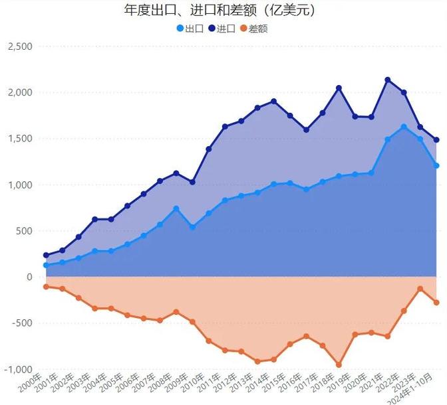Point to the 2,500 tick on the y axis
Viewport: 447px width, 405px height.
[19, 46]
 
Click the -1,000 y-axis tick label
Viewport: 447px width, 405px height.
[19, 369]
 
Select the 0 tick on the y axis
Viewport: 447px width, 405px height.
[28, 277]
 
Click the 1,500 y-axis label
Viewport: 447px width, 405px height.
[19, 139]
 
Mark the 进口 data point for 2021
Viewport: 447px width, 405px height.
[388, 80]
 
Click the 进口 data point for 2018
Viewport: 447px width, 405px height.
[339, 88]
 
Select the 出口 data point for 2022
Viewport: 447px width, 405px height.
[404, 127]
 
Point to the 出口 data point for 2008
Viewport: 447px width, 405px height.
[176, 208]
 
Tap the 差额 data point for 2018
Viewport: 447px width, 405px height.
[339, 364]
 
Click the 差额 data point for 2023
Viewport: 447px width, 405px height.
[420, 289]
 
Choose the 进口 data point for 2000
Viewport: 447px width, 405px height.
[47, 255]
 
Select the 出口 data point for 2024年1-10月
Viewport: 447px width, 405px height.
[436, 165]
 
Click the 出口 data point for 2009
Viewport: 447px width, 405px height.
[192, 227]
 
